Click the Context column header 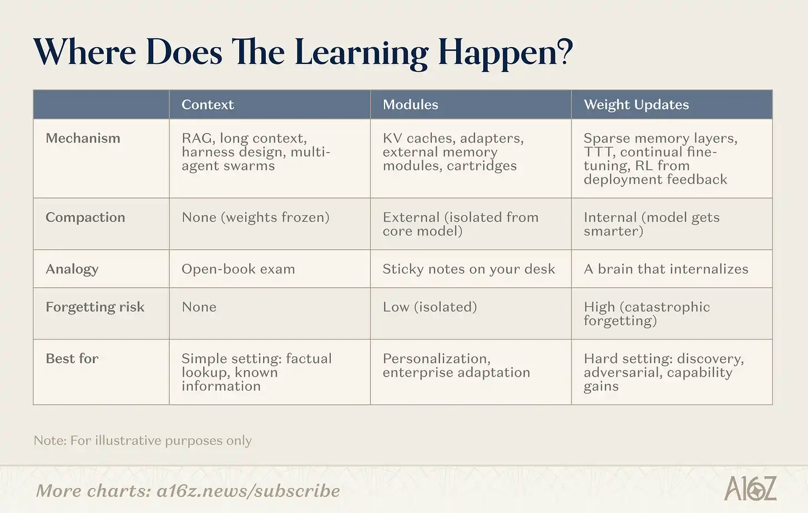(x=208, y=105)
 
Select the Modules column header (x=411, y=105)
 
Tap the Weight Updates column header (x=637, y=105)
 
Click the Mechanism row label (x=83, y=138)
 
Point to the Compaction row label (x=85, y=218)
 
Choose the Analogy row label (x=72, y=270)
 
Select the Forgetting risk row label (x=95, y=307)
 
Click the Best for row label (x=72, y=359)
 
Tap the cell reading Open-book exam (x=238, y=270)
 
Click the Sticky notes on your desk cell (x=469, y=270)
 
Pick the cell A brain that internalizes (x=666, y=270)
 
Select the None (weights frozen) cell (x=255, y=218)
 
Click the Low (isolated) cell (x=430, y=307)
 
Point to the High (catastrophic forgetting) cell (x=647, y=314)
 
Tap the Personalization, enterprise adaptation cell (x=456, y=365)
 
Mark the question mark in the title (x=565, y=52)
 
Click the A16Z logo (x=750, y=488)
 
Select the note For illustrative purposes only (x=161, y=441)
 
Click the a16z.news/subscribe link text (x=248, y=491)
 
